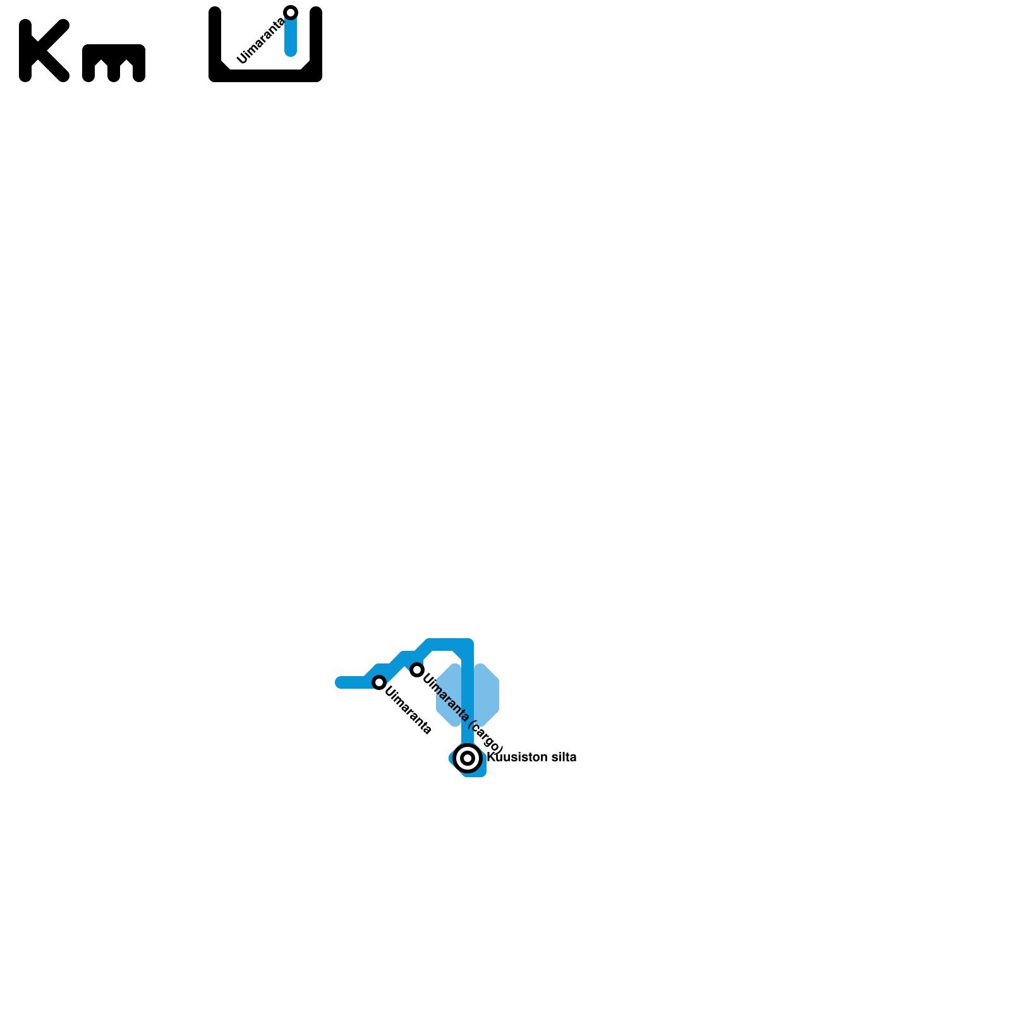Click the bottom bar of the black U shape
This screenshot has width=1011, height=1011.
265,76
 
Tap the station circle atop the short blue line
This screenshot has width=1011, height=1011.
291,13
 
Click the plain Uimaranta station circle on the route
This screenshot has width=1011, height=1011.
379,682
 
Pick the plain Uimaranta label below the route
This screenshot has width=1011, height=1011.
408,711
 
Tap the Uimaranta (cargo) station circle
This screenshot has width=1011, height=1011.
416,670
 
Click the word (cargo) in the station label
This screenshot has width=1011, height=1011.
487,737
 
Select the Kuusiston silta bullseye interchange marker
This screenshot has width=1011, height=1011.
468,758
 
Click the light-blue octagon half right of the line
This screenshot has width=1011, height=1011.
487,695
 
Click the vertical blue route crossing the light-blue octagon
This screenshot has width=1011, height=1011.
468,695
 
